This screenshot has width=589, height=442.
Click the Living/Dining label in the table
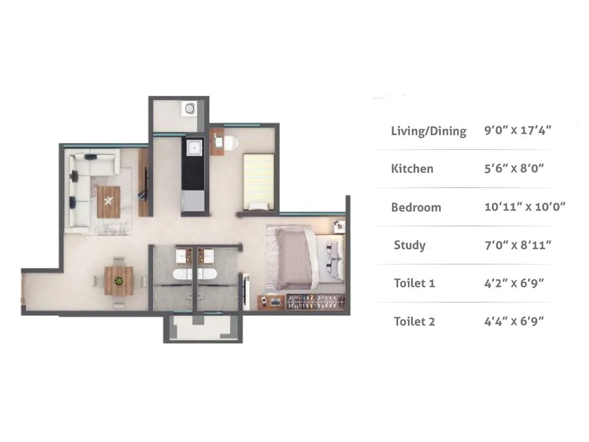[x=428, y=131]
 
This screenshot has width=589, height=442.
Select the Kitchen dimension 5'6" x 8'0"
[x=514, y=169]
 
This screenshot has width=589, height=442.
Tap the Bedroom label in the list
[x=416, y=207]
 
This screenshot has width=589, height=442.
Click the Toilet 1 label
[x=414, y=283]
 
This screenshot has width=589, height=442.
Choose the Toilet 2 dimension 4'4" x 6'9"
[x=514, y=322]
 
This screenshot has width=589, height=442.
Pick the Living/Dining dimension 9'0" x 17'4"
[x=518, y=131]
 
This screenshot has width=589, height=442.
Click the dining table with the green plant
[x=119, y=281]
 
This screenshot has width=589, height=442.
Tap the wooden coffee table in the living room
[x=108, y=201]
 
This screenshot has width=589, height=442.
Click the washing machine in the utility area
[x=188, y=108]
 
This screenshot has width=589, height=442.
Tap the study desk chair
[x=231, y=142]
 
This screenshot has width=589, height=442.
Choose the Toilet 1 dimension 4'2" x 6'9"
[x=514, y=283]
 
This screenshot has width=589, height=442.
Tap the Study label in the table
[x=409, y=245]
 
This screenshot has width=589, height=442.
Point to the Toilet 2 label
[x=414, y=322]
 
